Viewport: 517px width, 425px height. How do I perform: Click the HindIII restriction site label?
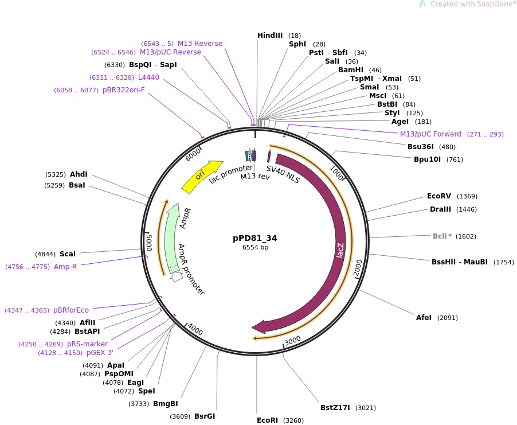coord(270,36)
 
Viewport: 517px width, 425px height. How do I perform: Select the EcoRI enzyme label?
coord(267,420)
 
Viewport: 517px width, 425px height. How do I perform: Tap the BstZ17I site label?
coord(336,408)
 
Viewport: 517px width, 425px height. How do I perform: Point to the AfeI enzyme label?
coord(425,318)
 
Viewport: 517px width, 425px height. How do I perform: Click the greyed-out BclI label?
coord(442,236)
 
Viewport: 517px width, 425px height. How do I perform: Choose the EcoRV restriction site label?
coord(440,196)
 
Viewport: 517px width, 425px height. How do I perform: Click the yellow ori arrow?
coord(201,176)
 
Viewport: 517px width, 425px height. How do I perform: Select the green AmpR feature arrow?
coord(170,240)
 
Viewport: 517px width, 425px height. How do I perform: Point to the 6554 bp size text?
coord(255,248)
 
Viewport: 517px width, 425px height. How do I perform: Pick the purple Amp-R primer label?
coord(65,267)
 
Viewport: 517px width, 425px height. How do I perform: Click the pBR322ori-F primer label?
coord(124,90)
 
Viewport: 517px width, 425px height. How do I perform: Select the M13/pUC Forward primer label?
coord(430,134)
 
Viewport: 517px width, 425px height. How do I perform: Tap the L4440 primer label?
coord(148,77)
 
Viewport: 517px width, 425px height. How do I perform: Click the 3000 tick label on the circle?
coord(292,341)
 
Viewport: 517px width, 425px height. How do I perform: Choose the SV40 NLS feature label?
coord(283,173)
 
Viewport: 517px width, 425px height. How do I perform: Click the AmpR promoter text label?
coord(191,269)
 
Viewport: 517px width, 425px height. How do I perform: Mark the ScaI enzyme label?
coord(68,254)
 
